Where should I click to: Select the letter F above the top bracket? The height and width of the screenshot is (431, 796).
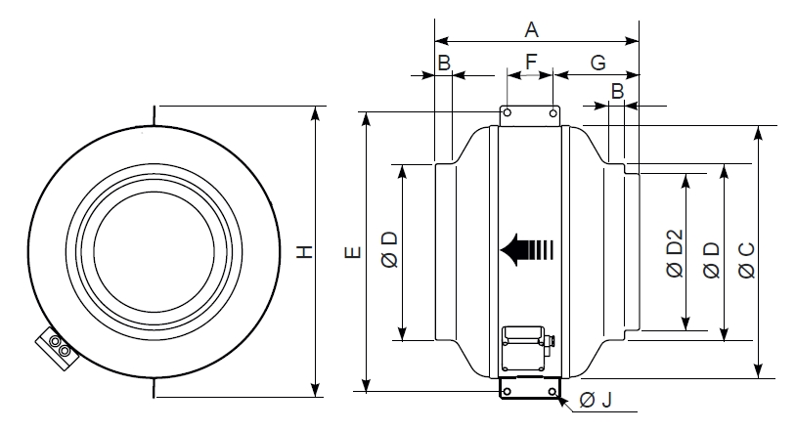point(531,62)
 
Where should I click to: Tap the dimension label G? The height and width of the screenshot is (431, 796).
point(597,62)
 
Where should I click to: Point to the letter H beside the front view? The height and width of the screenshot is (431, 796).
point(305,251)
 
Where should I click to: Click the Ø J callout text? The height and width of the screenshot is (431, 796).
point(596,400)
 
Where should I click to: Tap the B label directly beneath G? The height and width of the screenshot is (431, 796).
point(616,91)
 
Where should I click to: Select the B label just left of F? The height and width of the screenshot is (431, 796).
point(444,62)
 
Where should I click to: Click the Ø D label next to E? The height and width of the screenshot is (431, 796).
point(388,252)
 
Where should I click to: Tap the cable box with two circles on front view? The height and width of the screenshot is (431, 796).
point(58,347)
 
